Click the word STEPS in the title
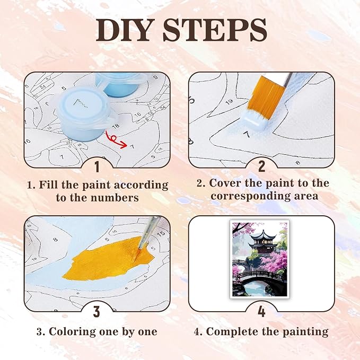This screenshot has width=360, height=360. pyautogui.click(x=215, y=30)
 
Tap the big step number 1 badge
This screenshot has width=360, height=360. pyautogui.click(x=97, y=167)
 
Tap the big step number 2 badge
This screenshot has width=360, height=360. pyautogui.click(x=261, y=166)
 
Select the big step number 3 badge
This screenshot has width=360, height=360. pyautogui.click(x=96, y=311)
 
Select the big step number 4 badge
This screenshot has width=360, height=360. pyautogui.click(x=261, y=312)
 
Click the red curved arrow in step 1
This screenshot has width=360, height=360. pyautogui.click(x=116, y=141)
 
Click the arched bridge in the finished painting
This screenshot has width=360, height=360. pyautogui.click(x=259, y=276)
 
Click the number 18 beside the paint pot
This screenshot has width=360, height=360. pyautogui.click(x=116, y=126)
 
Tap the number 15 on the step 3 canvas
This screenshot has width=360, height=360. pyautogui.click(x=161, y=233)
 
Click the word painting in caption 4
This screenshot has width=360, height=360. pyautogui.click(x=305, y=332)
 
